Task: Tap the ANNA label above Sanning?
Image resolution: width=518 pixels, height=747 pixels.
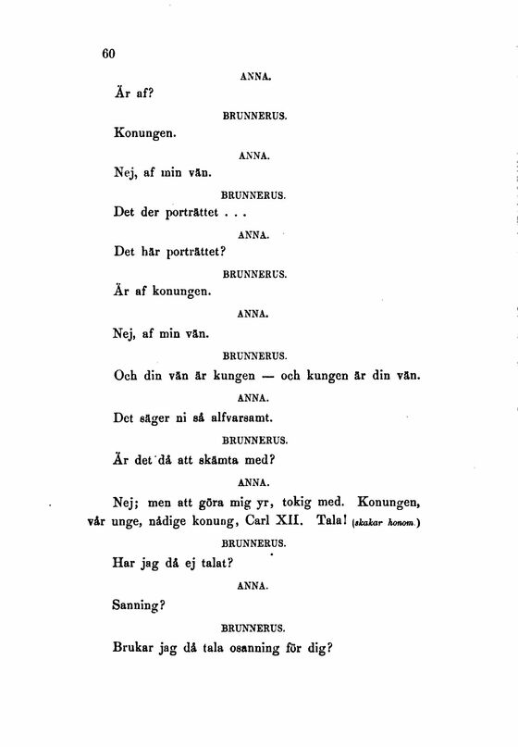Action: pos(253,585)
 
